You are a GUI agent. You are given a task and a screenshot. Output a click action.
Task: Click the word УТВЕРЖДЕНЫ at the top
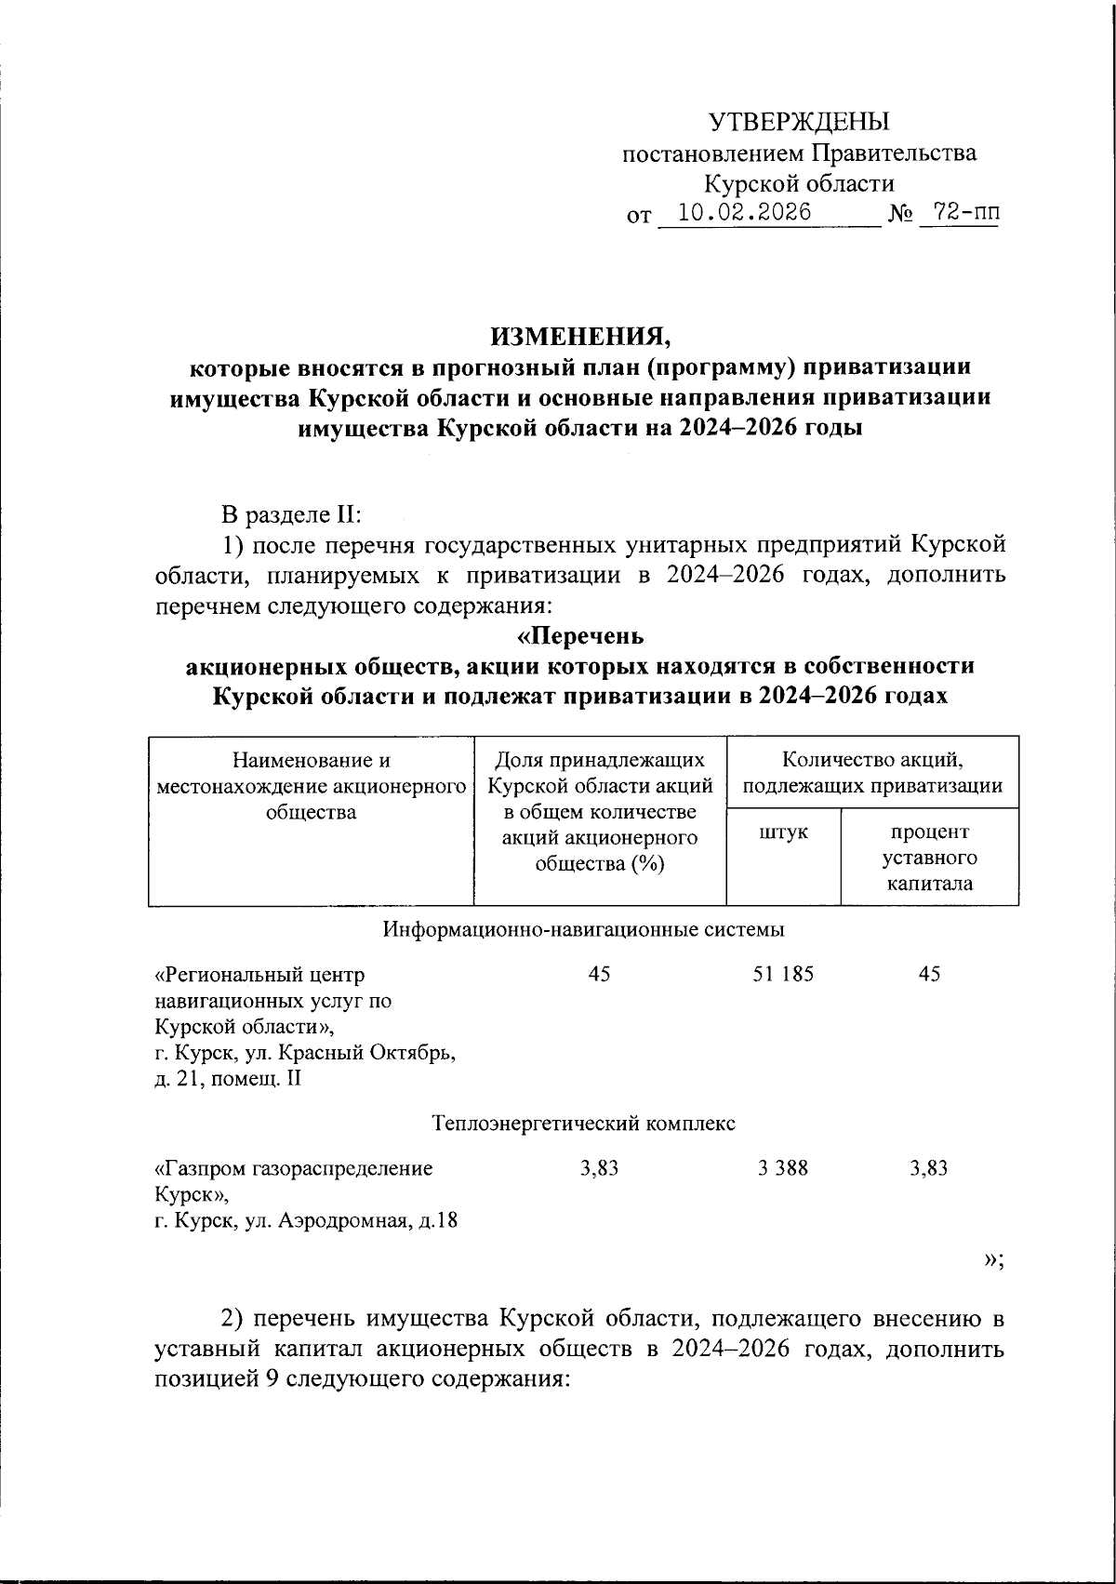click(x=799, y=122)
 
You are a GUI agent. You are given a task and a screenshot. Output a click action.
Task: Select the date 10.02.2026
click(x=743, y=213)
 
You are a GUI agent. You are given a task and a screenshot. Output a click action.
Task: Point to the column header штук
click(x=783, y=832)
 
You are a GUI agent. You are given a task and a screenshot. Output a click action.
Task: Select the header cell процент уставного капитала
click(x=929, y=857)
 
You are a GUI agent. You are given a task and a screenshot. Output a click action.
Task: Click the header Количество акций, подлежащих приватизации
click(x=871, y=773)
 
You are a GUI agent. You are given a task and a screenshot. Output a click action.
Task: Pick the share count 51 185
click(x=783, y=974)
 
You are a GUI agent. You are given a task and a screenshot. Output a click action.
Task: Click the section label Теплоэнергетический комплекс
click(x=584, y=1124)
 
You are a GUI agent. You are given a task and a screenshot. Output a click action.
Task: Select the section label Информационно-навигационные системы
click(x=584, y=929)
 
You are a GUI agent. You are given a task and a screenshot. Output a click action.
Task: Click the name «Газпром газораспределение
click(x=294, y=1168)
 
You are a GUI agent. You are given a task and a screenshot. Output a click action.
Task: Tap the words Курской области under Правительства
click(x=799, y=183)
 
